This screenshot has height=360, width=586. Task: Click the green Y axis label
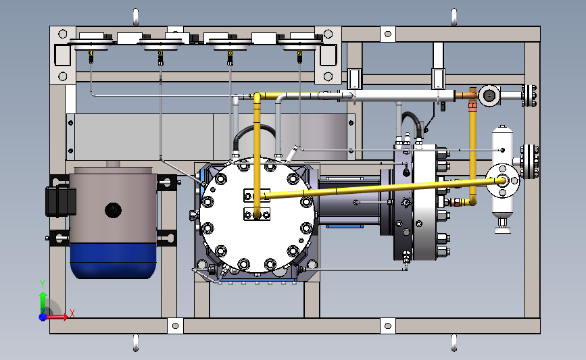42,284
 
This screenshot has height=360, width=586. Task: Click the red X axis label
72,313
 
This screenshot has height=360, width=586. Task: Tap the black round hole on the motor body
113,210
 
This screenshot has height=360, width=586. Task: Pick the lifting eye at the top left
136,16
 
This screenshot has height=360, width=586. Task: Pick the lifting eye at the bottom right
454,342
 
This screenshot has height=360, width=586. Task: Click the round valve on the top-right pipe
488,96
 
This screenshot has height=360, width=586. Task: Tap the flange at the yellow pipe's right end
502,180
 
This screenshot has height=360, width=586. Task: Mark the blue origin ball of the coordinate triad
43,316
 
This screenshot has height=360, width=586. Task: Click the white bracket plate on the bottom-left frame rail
175,327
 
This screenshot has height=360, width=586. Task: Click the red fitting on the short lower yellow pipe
456,202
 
